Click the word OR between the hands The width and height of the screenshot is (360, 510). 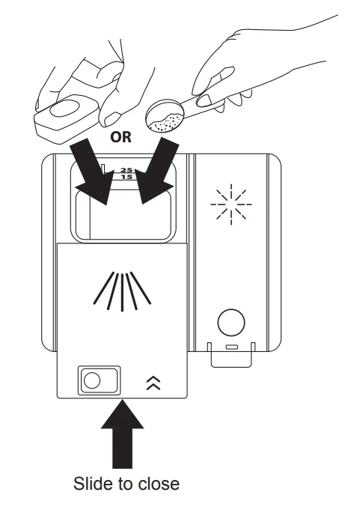[120, 137]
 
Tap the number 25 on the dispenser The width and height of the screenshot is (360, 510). [126, 170]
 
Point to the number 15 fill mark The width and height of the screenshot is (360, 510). [126, 177]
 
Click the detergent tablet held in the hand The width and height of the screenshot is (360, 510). [67, 119]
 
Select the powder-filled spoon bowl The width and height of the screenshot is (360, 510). [165, 117]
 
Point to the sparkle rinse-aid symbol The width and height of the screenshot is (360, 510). [231, 204]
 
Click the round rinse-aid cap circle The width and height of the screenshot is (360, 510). [231, 323]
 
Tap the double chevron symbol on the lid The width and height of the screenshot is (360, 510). [153, 383]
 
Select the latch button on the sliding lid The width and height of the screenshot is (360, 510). [99, 380]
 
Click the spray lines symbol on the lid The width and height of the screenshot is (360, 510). [122, 291]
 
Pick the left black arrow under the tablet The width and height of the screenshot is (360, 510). [91, 171]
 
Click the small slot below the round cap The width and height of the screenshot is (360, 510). [231, 347]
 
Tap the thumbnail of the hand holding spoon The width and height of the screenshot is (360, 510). [204, 100]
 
